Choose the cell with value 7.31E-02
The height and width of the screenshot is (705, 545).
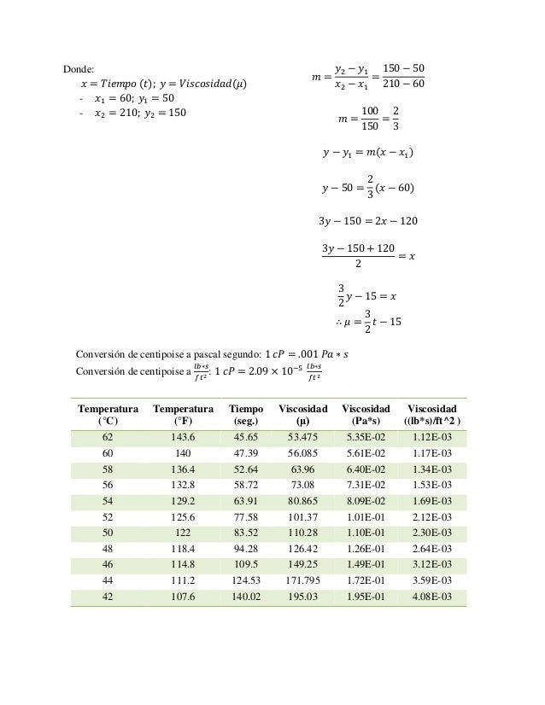click(x=366, y=486)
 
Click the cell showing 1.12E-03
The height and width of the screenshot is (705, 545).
click(x=432, y=437)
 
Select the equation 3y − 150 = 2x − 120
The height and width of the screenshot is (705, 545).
click(x=367, y=222)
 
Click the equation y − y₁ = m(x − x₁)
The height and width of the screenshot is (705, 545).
click(x=367, y=154)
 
